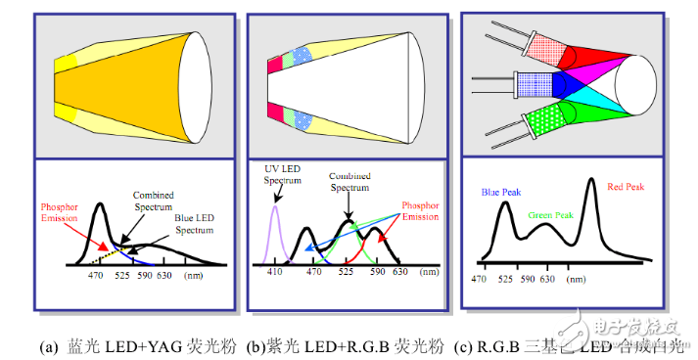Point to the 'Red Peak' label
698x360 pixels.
[628, 186]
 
